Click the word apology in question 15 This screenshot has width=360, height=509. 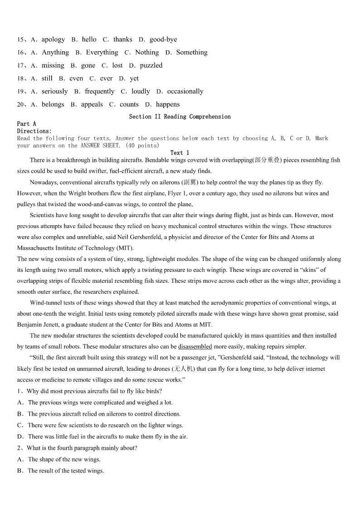coord(53,39)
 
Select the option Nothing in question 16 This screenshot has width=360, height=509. coord(147,53)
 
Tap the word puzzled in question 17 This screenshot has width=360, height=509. coord(151,65)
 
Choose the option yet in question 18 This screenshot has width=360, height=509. coord(134,78)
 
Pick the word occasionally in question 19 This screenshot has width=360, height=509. coord(185,92)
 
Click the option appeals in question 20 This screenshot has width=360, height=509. coord(92,105)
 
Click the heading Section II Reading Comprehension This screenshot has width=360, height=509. coord(180,116)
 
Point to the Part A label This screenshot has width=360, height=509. coord(27,124)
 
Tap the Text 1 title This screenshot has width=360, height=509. coord(180,153)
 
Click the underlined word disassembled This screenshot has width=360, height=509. coord(195,347)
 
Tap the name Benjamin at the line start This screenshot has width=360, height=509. coord(30,325)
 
